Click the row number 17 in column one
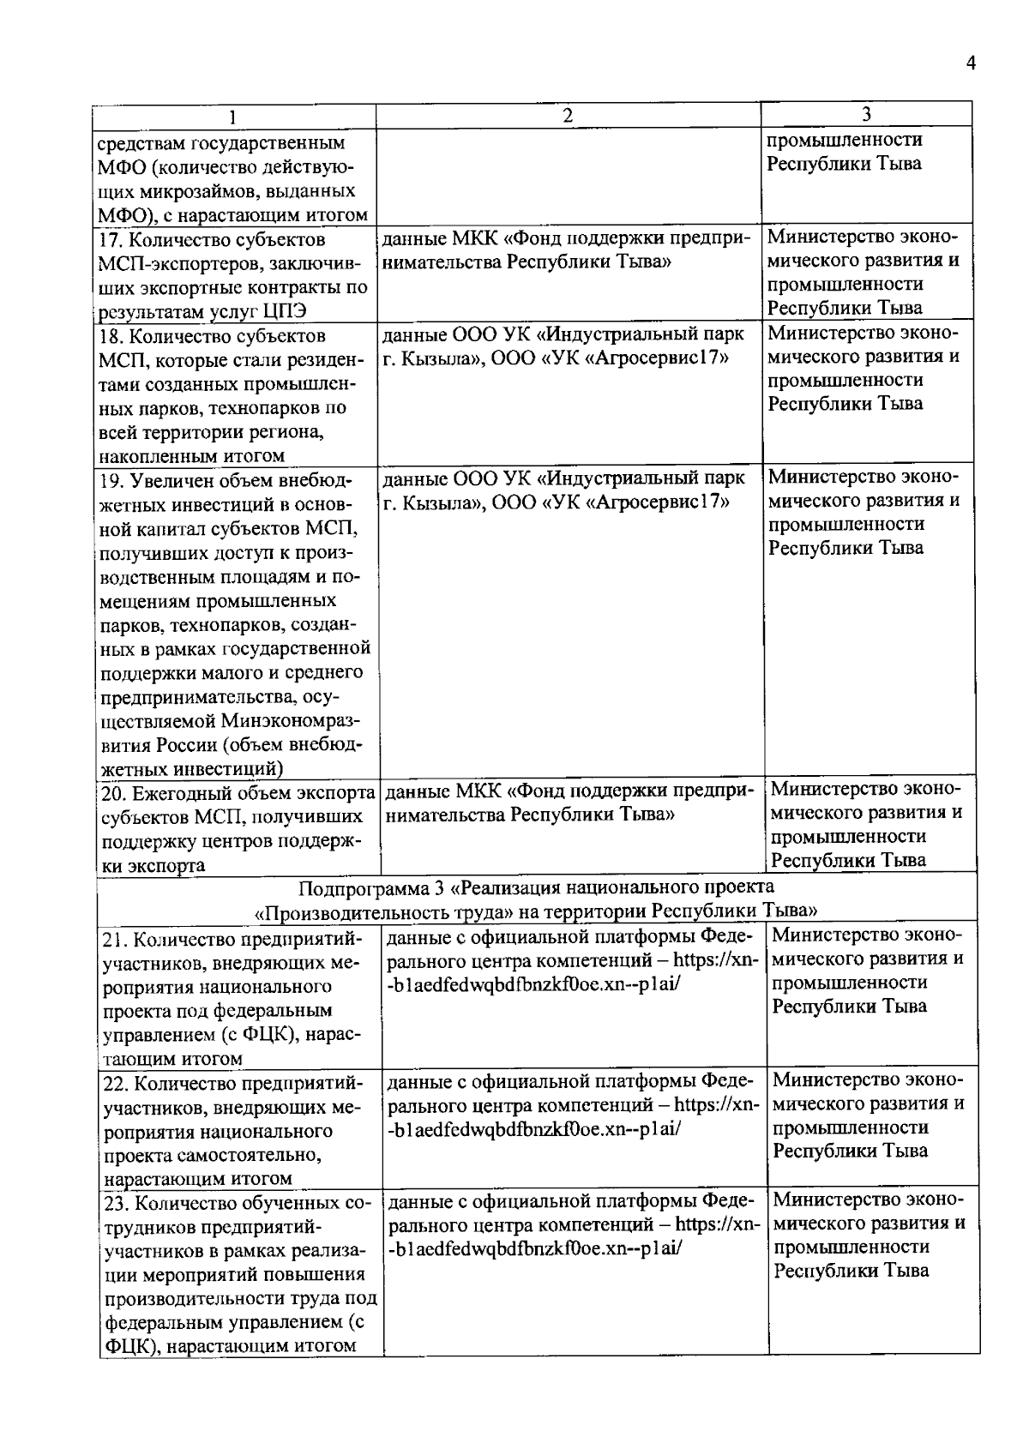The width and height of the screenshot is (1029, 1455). tap(109, 239)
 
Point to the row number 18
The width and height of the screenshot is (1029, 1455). tap(109, 335)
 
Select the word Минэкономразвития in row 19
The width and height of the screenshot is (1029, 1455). tap(291, 720)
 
